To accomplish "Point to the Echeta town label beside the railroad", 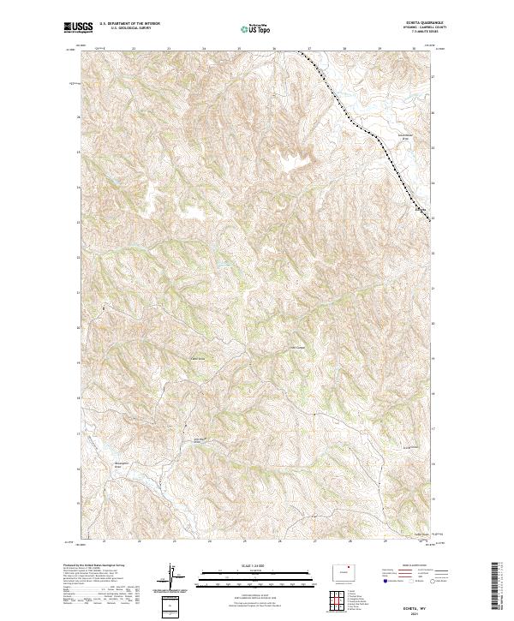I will [420, 208].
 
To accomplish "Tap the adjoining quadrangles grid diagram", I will [348, 597].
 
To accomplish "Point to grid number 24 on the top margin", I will [203, 49].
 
